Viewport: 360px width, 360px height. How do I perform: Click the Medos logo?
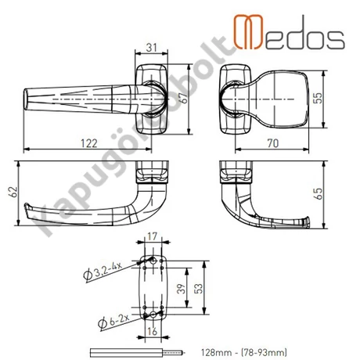(289, 32)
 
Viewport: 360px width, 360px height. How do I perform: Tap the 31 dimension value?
(152, 48)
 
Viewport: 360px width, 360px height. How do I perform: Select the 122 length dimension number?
(89, 143)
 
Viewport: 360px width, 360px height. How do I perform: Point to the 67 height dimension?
(184, 98)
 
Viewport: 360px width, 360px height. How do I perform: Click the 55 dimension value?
(318, 98)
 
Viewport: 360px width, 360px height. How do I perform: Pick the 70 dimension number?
(273, 143)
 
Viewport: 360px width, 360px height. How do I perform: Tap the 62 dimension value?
(13, 193)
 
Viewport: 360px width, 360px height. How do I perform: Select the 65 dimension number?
(319, 194)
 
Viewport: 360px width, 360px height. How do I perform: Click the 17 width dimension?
(153, 236)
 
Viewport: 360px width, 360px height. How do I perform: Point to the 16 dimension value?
(153, 331)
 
